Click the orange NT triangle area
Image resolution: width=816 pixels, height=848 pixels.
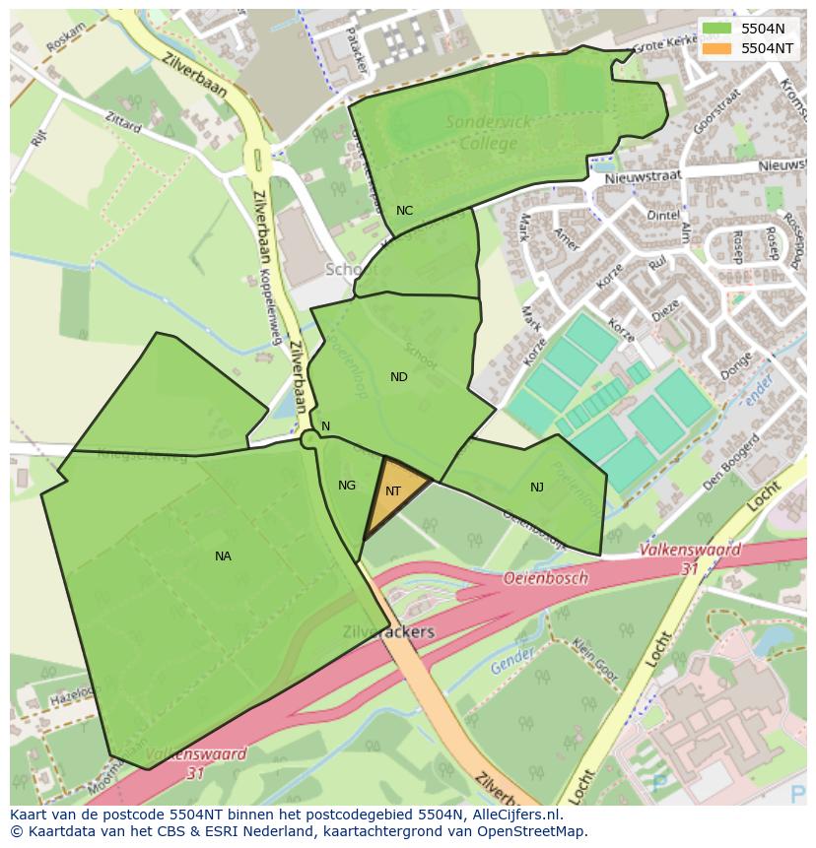pyautogui.click(x=393, y=493)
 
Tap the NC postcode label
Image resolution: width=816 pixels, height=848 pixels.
pyautogui.click(x=404, y=211)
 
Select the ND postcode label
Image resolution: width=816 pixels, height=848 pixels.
pyautogui.click(x=398, y=377)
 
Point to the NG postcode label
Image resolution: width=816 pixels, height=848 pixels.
pyautogui.click(x=346, y=486)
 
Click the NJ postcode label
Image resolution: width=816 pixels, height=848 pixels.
pyautogui.click(x=536, y=488)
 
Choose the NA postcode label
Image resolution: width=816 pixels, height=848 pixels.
pyautogui.click(x=223, y=556)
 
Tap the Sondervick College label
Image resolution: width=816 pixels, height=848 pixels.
pyautogui.click(x=488, y=133)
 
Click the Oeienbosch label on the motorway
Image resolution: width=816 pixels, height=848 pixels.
pyautogui.click(x=546, y=578)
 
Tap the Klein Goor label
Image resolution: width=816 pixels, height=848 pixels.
pyautogui.click(x=594, y=660)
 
